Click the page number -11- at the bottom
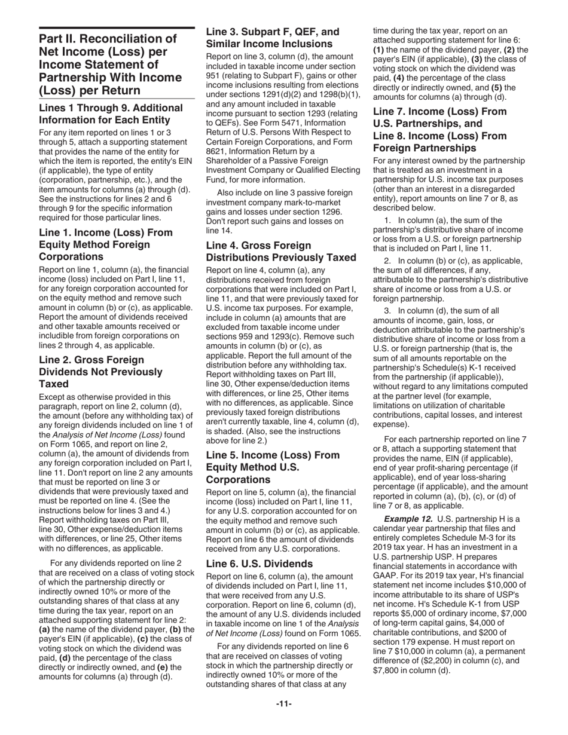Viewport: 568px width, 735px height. [283, 704]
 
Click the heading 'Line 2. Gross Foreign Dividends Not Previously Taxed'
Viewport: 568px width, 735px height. [100, 372]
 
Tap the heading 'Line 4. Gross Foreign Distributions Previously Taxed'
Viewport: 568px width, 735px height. [281, 251]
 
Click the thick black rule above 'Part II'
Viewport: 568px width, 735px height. [117, 28]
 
